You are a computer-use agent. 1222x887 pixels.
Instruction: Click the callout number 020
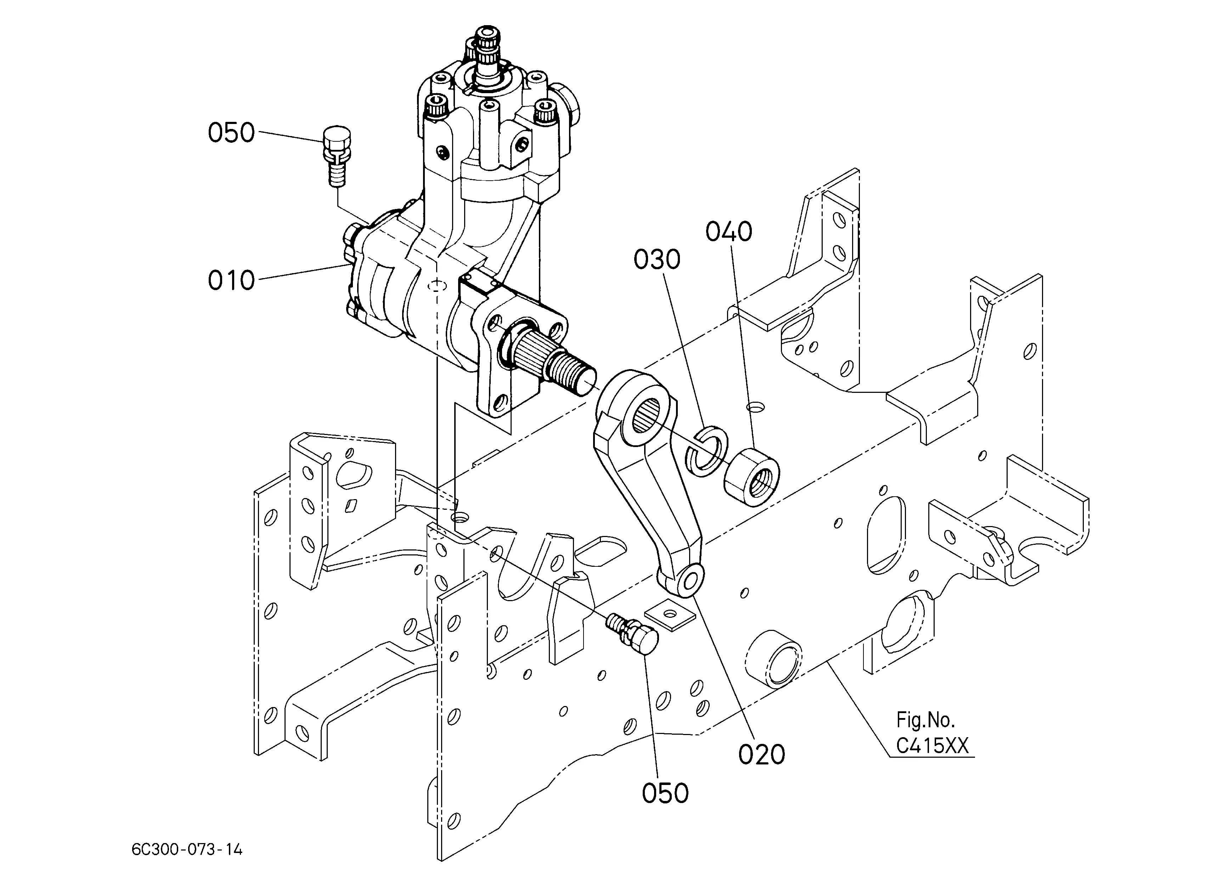pos(761,755)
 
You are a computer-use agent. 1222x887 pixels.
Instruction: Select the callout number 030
pos(657,260)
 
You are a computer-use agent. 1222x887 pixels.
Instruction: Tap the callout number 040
pos(729,232)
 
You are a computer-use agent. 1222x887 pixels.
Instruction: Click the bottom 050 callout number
pos(665,793)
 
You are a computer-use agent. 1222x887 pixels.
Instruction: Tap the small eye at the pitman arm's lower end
pos(690,581)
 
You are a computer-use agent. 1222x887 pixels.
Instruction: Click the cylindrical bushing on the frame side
pos(774,659)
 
